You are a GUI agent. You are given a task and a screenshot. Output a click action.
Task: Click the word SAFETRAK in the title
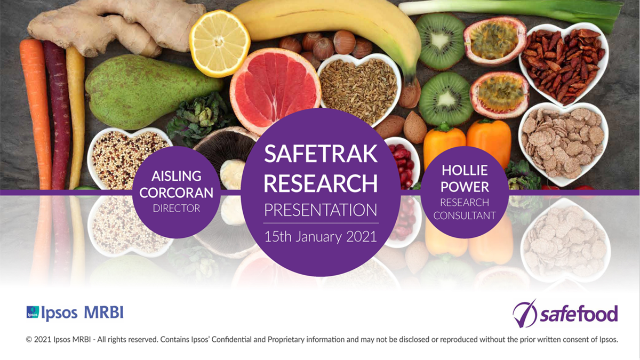[x=321, y=154]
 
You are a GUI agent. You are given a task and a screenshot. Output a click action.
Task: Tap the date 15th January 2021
[x=321, y=237]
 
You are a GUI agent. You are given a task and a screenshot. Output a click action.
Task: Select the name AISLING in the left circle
[x=177, y=176]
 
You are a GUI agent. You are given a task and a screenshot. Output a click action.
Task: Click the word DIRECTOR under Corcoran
[x=177, y=209]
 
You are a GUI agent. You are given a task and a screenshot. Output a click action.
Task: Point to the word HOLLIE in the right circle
[x=465, y=170]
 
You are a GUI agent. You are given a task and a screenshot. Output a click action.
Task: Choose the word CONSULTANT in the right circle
[x=465, y=215]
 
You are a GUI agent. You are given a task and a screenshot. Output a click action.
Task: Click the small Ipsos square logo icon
[x=33, y=313]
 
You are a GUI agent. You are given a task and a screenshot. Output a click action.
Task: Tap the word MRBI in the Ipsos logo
[x=103, y=313]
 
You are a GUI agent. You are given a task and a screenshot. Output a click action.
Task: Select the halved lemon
[x=219, y=43]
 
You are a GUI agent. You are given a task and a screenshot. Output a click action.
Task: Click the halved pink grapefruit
[x=275, y=91]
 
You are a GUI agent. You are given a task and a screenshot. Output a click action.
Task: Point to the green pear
[x=151, y=91]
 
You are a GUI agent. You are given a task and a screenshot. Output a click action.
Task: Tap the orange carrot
[x=37, y=114]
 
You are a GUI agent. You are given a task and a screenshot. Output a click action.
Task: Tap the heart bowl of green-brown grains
[x=359, y=89]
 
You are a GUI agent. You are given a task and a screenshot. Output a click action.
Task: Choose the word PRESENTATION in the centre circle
[x=321, y=210]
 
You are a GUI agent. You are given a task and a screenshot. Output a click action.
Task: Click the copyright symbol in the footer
[x=29, y=339]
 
